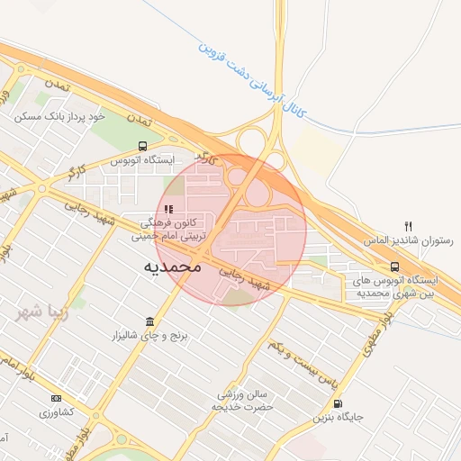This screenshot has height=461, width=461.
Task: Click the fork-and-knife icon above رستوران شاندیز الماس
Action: (409, 226)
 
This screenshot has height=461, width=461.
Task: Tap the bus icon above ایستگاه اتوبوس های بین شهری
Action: (394, 266)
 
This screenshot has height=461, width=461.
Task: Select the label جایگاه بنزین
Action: (339, 418)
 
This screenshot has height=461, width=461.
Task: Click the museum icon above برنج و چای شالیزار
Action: (149, 321)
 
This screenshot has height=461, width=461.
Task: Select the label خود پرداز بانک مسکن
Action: (61, 116)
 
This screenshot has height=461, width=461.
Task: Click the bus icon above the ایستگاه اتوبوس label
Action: (142, 146)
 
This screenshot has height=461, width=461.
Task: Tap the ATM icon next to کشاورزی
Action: (56, 398)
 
